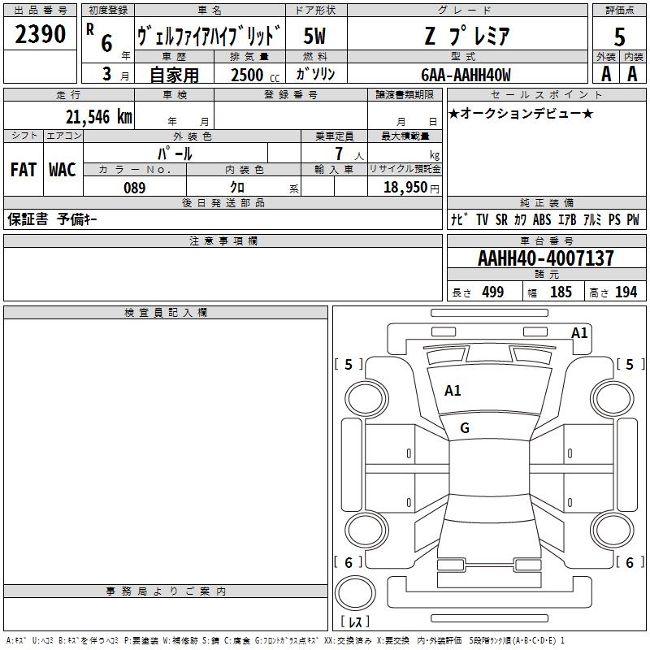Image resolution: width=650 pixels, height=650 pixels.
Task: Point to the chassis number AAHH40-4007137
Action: (x=546, y=258)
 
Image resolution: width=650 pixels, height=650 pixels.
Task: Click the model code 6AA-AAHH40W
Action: (x=466, y=75)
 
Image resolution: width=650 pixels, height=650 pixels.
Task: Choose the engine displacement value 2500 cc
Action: (x=247, y=75)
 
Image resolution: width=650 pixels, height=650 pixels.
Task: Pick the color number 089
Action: (x=134, y=188)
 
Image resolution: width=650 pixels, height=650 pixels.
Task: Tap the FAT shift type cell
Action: (x=23, y=170)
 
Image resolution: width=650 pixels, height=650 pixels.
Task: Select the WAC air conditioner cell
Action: (x=62, y=170)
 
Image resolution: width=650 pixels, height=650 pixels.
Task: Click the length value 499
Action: (x=493, y=292)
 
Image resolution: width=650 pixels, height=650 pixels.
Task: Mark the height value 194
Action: (x=626, y=292)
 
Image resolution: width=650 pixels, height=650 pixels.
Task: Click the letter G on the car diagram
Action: (x=465, y=428)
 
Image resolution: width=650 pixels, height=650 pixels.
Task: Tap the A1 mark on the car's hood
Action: (x=453, y=391)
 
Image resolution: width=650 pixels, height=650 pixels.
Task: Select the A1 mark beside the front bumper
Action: (x=579, y=332)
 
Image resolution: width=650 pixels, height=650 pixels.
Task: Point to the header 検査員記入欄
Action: (x=166, y=313)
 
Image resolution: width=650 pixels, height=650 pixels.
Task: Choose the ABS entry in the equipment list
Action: (x=542, y=219)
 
